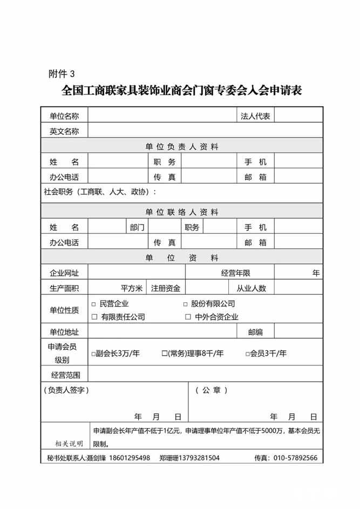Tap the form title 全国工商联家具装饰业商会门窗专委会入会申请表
(x=181, y=90)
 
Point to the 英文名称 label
(x=64, y=131)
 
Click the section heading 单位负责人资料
(x=181, y=146)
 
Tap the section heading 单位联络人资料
(x=181, y=212)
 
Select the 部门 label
(x=137, y=227)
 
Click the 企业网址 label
(x=64, y=273)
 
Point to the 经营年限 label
(x=235, y=273)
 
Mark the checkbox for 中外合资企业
(x=188, y=317)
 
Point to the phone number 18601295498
(x=130, y=458)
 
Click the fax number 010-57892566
(x=296, y=458)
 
